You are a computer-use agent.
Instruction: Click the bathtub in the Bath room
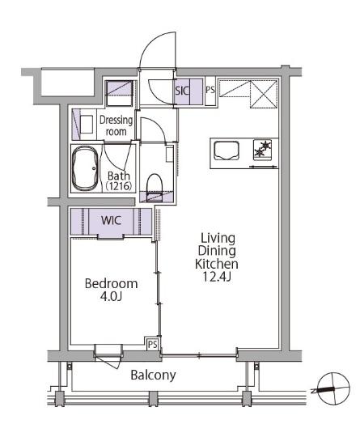tap(85, 168)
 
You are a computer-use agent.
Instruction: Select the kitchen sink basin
tap(227, 151)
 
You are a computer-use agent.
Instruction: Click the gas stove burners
tap(262, 150)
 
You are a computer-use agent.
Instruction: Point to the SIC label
tap(182, 91)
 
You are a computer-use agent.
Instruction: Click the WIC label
tap(111, 220)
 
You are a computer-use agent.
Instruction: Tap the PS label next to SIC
tap(210, 90)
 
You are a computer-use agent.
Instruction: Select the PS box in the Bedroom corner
tap(152, 344)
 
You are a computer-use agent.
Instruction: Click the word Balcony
tap(153, 375)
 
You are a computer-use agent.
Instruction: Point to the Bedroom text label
tap(111, 284)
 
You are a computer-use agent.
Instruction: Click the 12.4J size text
tap(217, 277)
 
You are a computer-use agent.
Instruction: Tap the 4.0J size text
tap(111, 296)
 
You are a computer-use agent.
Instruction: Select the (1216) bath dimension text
tap(119, 186)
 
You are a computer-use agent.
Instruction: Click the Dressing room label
tap(116, 125)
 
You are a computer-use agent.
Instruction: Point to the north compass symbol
tap(333, 388)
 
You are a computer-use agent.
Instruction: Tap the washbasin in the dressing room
tap(87, 125)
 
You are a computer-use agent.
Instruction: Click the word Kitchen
tap(217, 264)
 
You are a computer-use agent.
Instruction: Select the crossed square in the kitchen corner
tap(264, 94)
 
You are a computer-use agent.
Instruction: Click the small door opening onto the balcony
tap(108, 357)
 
